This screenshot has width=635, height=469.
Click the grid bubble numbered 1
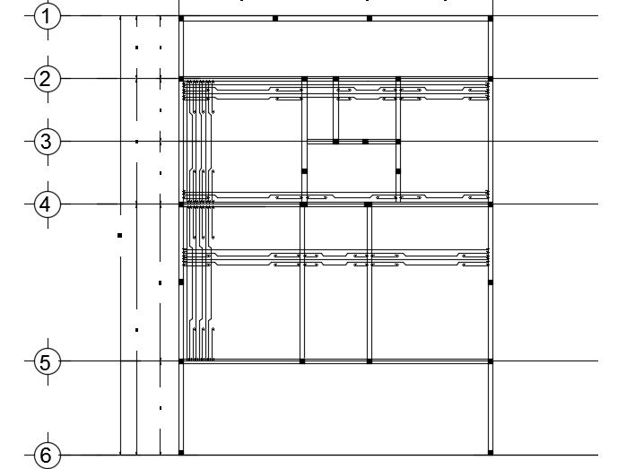[47, 16]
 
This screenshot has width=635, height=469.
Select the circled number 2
[47, 79]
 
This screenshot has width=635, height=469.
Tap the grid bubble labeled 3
[47, 141]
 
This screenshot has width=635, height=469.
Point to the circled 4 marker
[47, 204]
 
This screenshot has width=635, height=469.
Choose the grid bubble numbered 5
[47, 361]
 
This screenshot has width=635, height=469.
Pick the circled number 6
[47, 454]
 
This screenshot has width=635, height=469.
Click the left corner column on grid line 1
[181, 18]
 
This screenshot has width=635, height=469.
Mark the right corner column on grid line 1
[491, 18]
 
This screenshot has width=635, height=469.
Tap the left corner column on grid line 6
[181, 452]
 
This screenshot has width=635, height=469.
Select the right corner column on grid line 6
[491, 452]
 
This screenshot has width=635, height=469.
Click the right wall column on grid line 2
[491, 79]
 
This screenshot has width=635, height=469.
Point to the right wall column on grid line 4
[491, 204]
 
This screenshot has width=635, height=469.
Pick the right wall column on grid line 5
[491, 361]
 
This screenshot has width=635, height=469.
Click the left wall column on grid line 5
[181, 361]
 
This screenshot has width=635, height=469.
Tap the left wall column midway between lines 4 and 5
[181, 282]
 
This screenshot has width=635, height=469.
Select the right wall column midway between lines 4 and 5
[491, 282]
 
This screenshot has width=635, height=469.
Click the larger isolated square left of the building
[119, 235]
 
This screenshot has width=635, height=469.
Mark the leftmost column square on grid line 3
[335, 142]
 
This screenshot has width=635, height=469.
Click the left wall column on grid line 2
[181, 79]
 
